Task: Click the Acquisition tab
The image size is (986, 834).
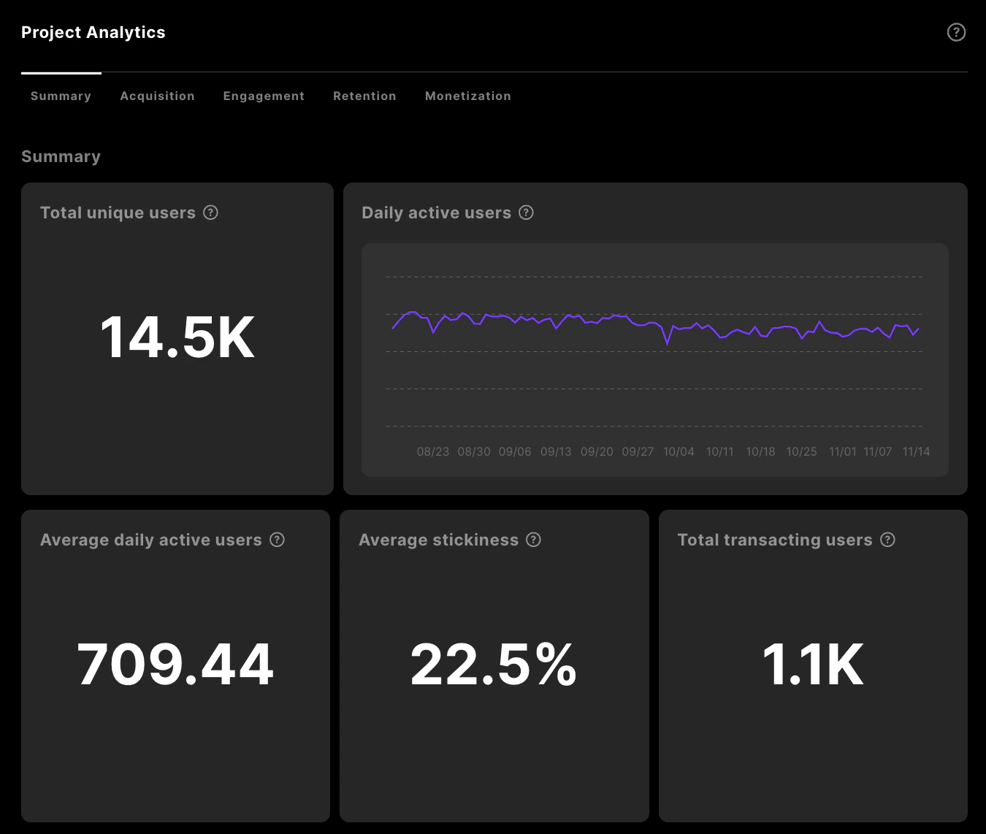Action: pyautogui.click(x=157, y=96)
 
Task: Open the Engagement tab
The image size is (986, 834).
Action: pyautogui.click(x=264, y=96)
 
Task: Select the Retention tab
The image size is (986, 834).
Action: pyautogui.click(x=364, y=96)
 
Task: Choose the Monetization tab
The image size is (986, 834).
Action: pyautogui.click(x=467, y=96)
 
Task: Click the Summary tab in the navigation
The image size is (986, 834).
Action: pyautogui.click(x=61, y=96)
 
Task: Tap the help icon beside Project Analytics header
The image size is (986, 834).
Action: pyautogui.click(x=956, y=32)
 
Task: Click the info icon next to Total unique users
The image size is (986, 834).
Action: pyautogui.click(x=211, y=213)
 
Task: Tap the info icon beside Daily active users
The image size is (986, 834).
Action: pyautogui.click(x=526, y=213)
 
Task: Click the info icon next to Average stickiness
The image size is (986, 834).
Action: pyautogui.click(x=534, y=540)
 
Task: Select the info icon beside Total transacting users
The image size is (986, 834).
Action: pyautogui.click(x=887, y=540)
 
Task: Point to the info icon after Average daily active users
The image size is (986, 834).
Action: pyautogui.click(x=277, y=540)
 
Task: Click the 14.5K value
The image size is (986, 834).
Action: pyautogui.click(x=177, y=337)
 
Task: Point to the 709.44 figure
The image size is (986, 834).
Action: pyautogui.click(x=175, y=665)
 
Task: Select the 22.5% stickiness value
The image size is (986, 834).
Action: pyautogui.click(x=494, y=665)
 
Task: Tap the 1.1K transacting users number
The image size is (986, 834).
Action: pyautogui.click(x=813, y=665)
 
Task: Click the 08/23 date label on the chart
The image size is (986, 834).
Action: pyautogui.click(x=433, y=451)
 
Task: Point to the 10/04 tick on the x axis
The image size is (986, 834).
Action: pyautogui.click(x=679, y=451)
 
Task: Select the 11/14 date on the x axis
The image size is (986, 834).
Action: pyautogui.click(x=916, y=451)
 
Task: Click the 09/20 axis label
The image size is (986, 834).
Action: pyautogui.click(x=597, y=451)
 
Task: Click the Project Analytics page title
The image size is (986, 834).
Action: pyautogui.click(x=93, y=32)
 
